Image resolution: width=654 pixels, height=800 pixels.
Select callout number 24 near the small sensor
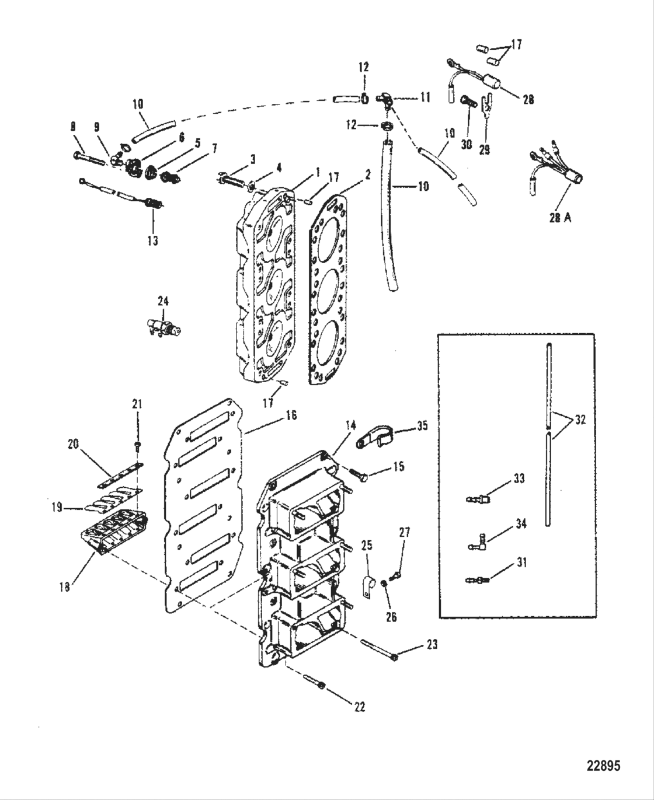pos(163,301)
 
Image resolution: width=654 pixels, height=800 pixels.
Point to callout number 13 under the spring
pos(152,240)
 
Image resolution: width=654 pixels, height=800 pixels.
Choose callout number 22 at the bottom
pos(359,706)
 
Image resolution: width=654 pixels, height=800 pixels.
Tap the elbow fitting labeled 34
pos(476,546)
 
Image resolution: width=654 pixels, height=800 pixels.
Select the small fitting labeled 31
pos(476,579)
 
